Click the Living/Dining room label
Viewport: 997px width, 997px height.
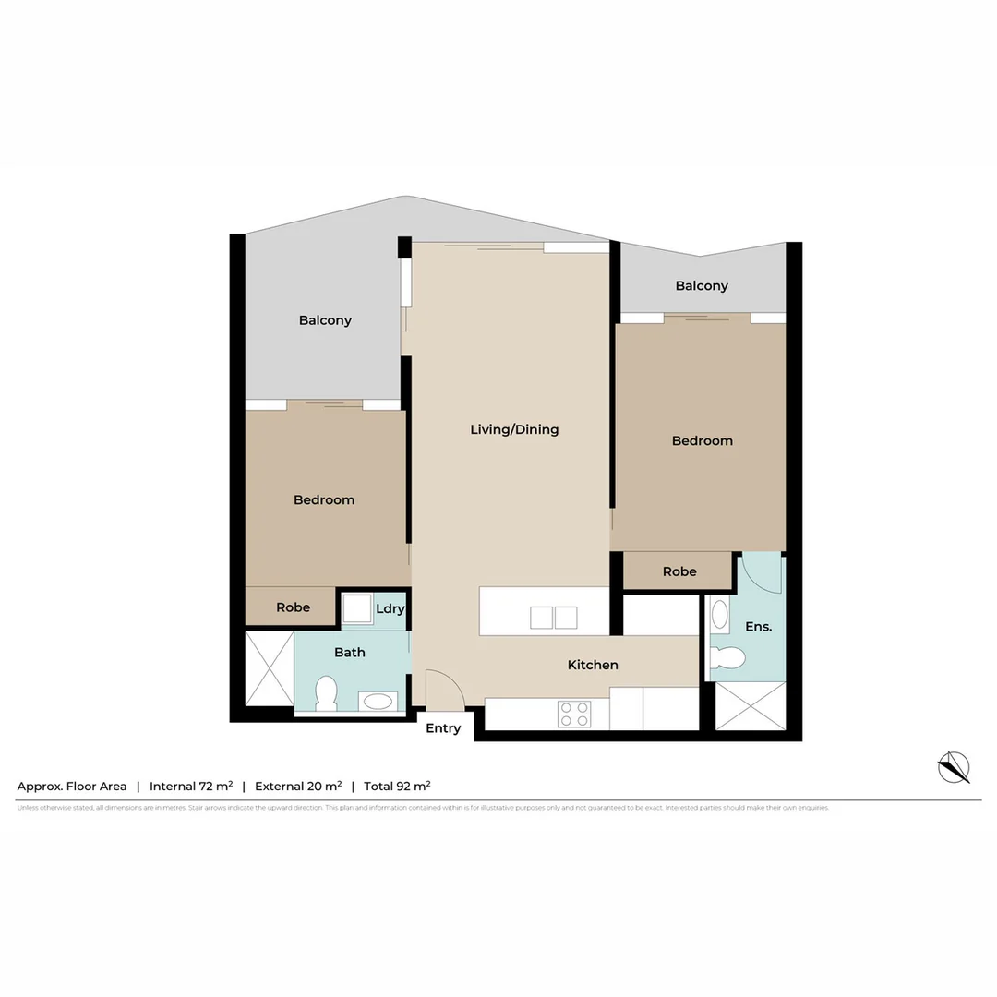point(514,429)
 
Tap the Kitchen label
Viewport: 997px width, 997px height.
point(593,665)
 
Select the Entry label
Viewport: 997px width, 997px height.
point(443,728)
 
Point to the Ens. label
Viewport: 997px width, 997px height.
point(758,627)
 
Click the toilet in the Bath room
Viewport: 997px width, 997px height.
point(326,693)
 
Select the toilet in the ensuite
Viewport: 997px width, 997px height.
point(729,657)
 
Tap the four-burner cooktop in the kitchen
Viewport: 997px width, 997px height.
point(575,714)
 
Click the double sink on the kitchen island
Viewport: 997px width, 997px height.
point(553,618)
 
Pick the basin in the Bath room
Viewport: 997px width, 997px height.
point(378,702)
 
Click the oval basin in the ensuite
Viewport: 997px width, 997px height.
point(719,615)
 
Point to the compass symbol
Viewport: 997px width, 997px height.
point(954,767)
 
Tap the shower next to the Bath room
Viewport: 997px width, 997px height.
point(269,668)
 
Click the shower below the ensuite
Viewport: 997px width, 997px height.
point(751,706)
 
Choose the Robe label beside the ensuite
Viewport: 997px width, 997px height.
point(679,571)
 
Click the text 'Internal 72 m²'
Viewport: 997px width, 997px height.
point(191,787)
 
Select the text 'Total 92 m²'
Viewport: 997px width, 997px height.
point(397,787)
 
